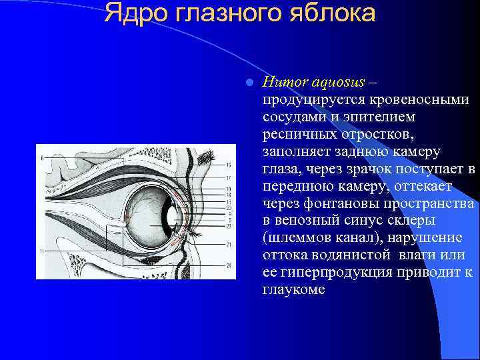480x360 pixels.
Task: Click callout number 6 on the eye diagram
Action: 41,158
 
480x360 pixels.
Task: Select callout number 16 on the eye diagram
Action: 229,165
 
